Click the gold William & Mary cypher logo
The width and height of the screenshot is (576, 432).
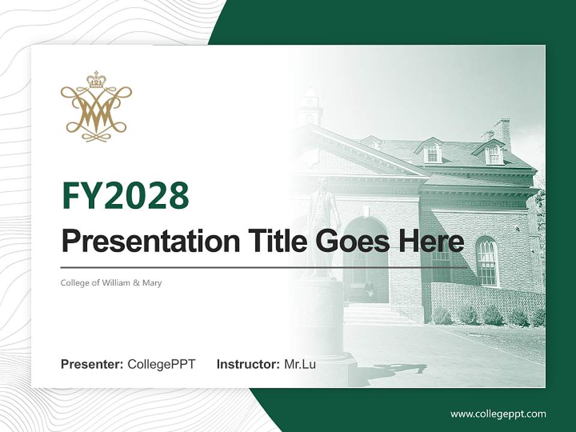(96, 106)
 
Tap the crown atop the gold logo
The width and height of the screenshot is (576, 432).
(96, 79)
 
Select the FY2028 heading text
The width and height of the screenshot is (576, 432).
(125, 195)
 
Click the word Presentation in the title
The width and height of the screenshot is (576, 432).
(151, 241)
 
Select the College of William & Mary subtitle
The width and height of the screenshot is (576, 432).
(111, 283)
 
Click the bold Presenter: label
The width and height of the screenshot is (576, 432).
(92, 364)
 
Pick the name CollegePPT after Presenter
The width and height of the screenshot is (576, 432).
(161, 364)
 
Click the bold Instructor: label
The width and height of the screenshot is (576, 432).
(248, 364)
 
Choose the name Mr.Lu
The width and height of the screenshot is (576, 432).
(300, 364)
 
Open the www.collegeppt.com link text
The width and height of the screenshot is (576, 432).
(498, 415)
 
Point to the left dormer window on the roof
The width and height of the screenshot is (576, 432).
(432, 151)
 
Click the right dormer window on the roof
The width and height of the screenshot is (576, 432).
(493, 152)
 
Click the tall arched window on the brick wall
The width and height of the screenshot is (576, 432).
(487, 261)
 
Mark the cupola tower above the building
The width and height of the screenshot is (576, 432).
(311, 106)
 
